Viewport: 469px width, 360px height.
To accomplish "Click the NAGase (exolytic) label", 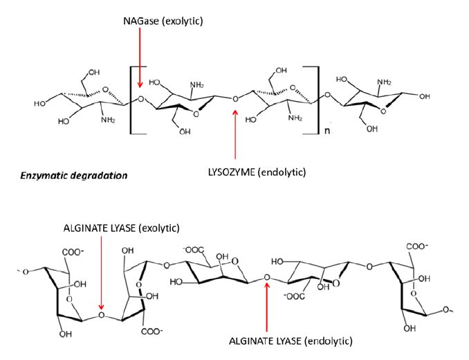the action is click(x=163, y=21).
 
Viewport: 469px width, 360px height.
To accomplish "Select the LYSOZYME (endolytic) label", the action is click(x=257, y=172).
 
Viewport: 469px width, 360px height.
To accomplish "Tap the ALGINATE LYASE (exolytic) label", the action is click(x=122, y=228).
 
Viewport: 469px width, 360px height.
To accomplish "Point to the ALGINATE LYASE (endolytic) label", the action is click(x=291, y=341).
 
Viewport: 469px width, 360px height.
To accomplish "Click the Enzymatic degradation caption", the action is click(x=74, y=175).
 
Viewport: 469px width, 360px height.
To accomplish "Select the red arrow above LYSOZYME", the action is click(x=235, y=134).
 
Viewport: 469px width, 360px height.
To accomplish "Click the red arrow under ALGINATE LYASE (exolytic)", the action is click(x=102, y=273).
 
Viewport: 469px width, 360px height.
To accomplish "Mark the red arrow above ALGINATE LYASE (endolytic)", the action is click(x=267, y=307).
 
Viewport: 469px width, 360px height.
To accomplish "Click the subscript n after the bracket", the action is click(x=327, y=130).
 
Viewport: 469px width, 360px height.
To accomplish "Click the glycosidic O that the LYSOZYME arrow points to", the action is click(x=235, y=99).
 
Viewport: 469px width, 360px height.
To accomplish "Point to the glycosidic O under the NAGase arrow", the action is click(x=140, y=99).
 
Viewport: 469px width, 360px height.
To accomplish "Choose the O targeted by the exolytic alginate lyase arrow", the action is click(x=102, y=315).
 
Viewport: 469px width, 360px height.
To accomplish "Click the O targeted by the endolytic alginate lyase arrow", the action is click(x=267, y=278).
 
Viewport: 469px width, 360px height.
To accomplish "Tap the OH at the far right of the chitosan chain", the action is click(x=425, y=96).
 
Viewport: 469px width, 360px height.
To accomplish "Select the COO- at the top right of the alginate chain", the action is click(x=417, y=246).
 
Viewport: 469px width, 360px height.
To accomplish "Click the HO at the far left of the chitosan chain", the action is click(x=40, y=104).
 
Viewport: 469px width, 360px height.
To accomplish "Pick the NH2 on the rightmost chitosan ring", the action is click(x=384, y=82).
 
